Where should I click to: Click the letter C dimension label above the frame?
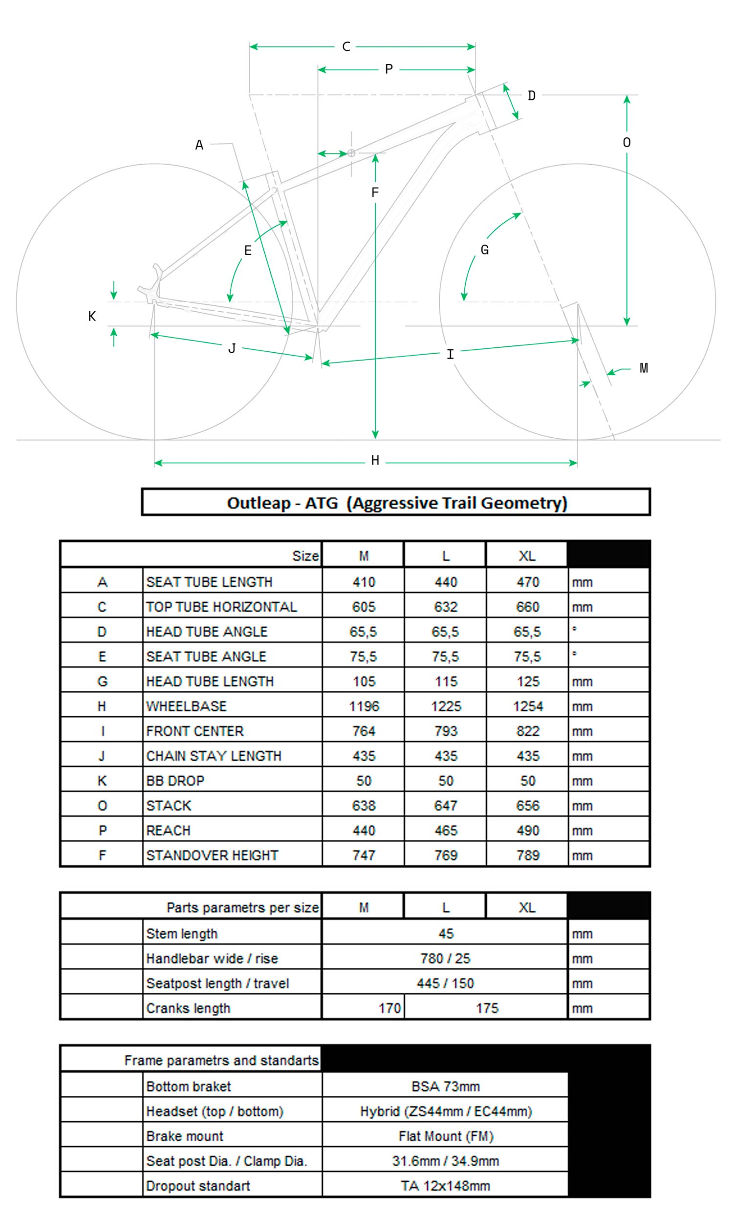[346, 47]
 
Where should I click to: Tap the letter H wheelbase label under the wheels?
[375, 460]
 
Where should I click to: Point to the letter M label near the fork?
[644, 368]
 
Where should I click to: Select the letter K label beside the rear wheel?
[92, 317]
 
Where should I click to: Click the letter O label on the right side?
[626, 143]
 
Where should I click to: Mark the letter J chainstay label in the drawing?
[232, 348]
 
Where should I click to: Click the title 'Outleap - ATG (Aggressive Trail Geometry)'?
[396, 503]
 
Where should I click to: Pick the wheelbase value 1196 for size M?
[364, 706]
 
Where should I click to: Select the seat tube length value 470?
[527, 582]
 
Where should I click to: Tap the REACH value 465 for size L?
[446, 831]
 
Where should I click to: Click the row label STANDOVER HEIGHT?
[212, 855]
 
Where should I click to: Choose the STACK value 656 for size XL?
[527, 806]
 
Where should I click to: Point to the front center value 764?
[364, 731]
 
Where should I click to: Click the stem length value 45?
[446, 934]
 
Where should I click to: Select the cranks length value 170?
[389, 1008]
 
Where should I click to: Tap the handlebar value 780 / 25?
[446, 959]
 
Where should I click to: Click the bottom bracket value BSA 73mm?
[446, 1086]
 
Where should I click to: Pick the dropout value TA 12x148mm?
[446, 1186]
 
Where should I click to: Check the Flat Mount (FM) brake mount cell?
[446, 1136]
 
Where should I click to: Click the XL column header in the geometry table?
[527, 556]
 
